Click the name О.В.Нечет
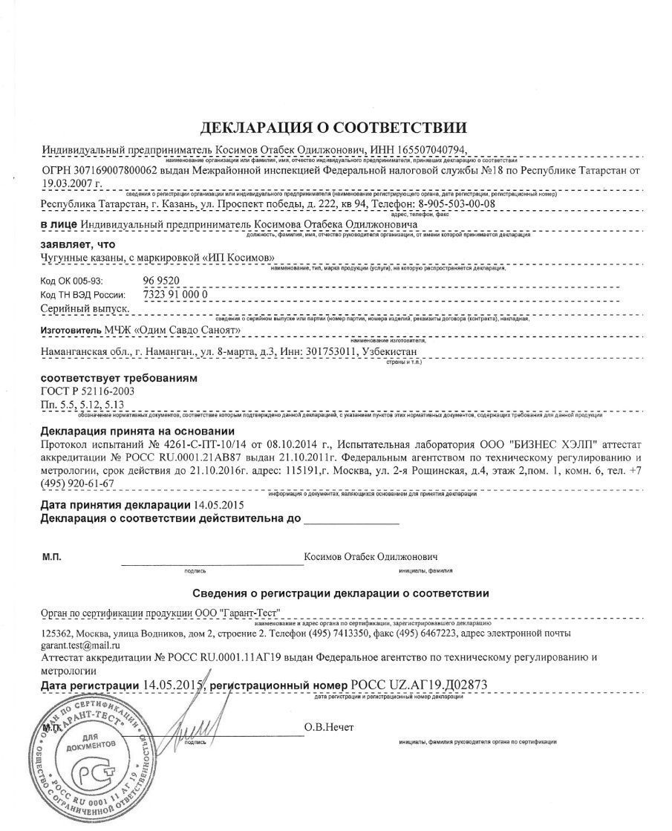329,726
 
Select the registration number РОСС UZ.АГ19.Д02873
420,685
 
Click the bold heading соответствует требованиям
119,378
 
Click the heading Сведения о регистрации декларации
340,593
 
